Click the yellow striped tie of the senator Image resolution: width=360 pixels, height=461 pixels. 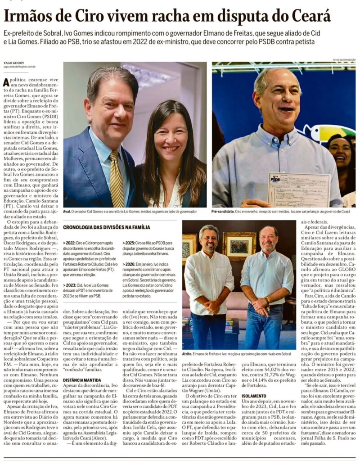[x=117, y=177]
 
